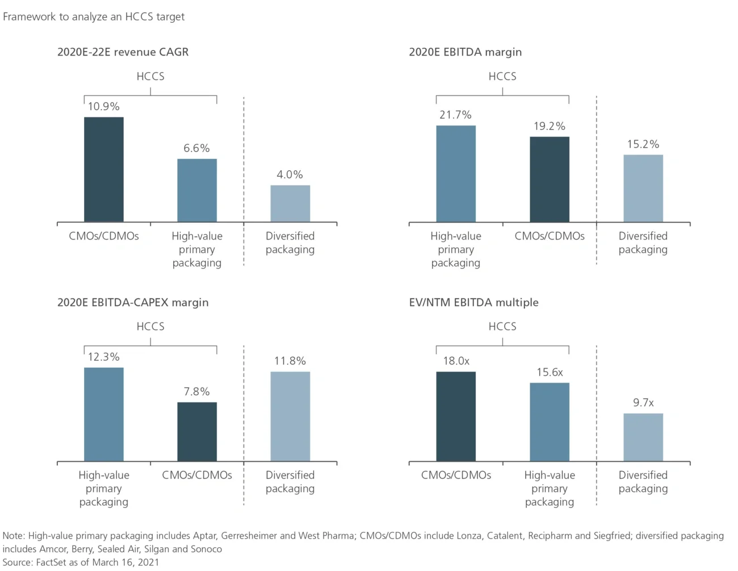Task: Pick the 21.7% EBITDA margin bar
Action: [456, 174]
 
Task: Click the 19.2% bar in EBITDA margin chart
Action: [550, 179]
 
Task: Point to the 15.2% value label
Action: [643, 144]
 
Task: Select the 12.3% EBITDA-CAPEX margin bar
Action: [104, 414]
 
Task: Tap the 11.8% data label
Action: [290, 361]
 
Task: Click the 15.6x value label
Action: [550, 372]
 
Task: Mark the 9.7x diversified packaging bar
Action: [643, 437]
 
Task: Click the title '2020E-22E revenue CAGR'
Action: [123, 52]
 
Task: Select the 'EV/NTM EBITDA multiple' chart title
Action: [473, 303]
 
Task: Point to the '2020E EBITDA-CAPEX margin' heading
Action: [133, 303]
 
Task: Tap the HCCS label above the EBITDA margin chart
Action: [502, 76]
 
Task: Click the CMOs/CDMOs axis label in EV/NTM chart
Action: [456, 475]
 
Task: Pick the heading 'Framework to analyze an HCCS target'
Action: [94, 16]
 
